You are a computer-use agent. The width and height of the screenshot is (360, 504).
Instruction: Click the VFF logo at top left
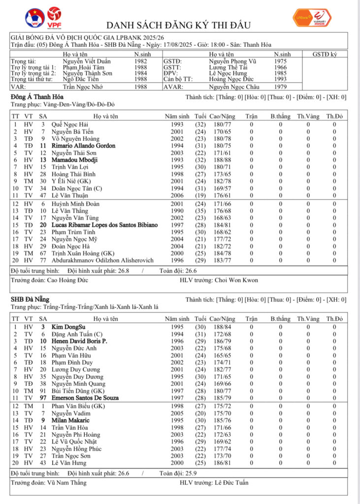[x=34, y=18]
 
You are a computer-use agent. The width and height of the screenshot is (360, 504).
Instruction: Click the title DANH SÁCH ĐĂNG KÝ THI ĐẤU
[x=179, y=25]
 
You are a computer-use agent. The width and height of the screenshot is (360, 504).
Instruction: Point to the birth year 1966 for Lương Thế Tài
[x=281, y=67]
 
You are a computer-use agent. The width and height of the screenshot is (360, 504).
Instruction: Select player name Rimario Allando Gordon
[x=83, y=146]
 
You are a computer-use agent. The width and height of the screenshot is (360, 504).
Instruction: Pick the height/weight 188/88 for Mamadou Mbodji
[x=223, y=160]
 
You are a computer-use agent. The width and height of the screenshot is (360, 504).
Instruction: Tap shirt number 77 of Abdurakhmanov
[x=43, y=260]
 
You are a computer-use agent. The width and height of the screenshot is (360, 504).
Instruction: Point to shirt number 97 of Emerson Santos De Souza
[x=43, y=398]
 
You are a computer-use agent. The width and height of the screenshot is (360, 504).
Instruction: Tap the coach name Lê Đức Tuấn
[x=231, y=483]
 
